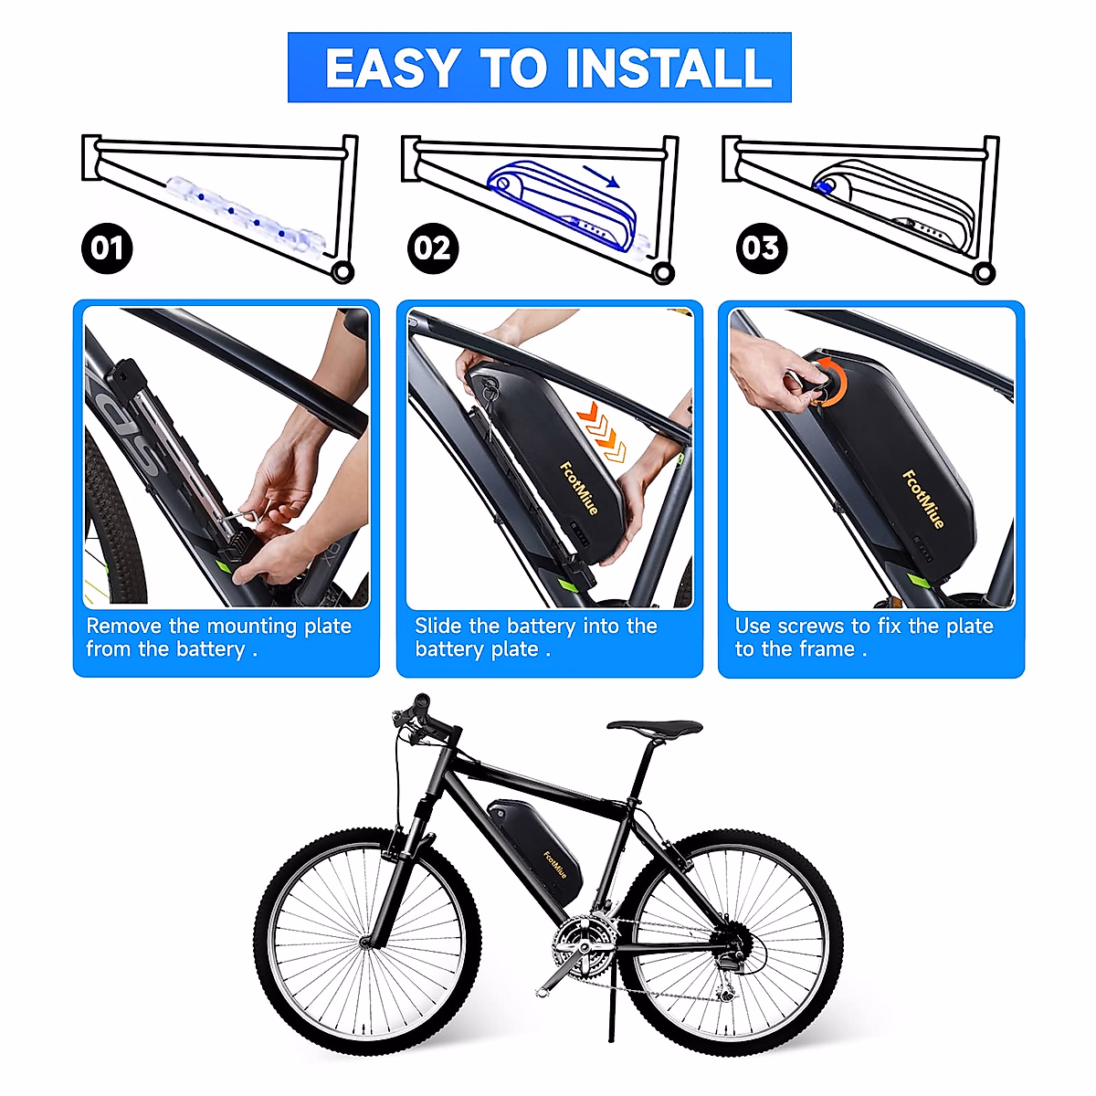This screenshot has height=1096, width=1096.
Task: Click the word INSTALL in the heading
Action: click(669, 68)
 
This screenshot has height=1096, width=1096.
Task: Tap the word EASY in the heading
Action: click(392, 68)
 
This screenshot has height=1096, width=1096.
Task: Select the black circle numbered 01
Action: click(107, 248)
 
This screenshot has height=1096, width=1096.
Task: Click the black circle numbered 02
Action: click(433, 248)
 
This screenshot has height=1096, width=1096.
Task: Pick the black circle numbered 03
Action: click(761, 248)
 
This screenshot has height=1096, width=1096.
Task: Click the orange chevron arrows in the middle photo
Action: click(604, 429)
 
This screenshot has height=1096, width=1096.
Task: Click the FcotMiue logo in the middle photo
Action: click(579, 489)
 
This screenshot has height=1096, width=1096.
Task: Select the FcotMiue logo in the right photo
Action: click(923, 498)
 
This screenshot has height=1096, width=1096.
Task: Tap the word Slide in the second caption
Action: click(438, 627)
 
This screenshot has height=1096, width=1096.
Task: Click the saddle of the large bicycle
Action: click(655, 727)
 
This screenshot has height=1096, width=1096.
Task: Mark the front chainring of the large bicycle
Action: click(584, 945)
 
